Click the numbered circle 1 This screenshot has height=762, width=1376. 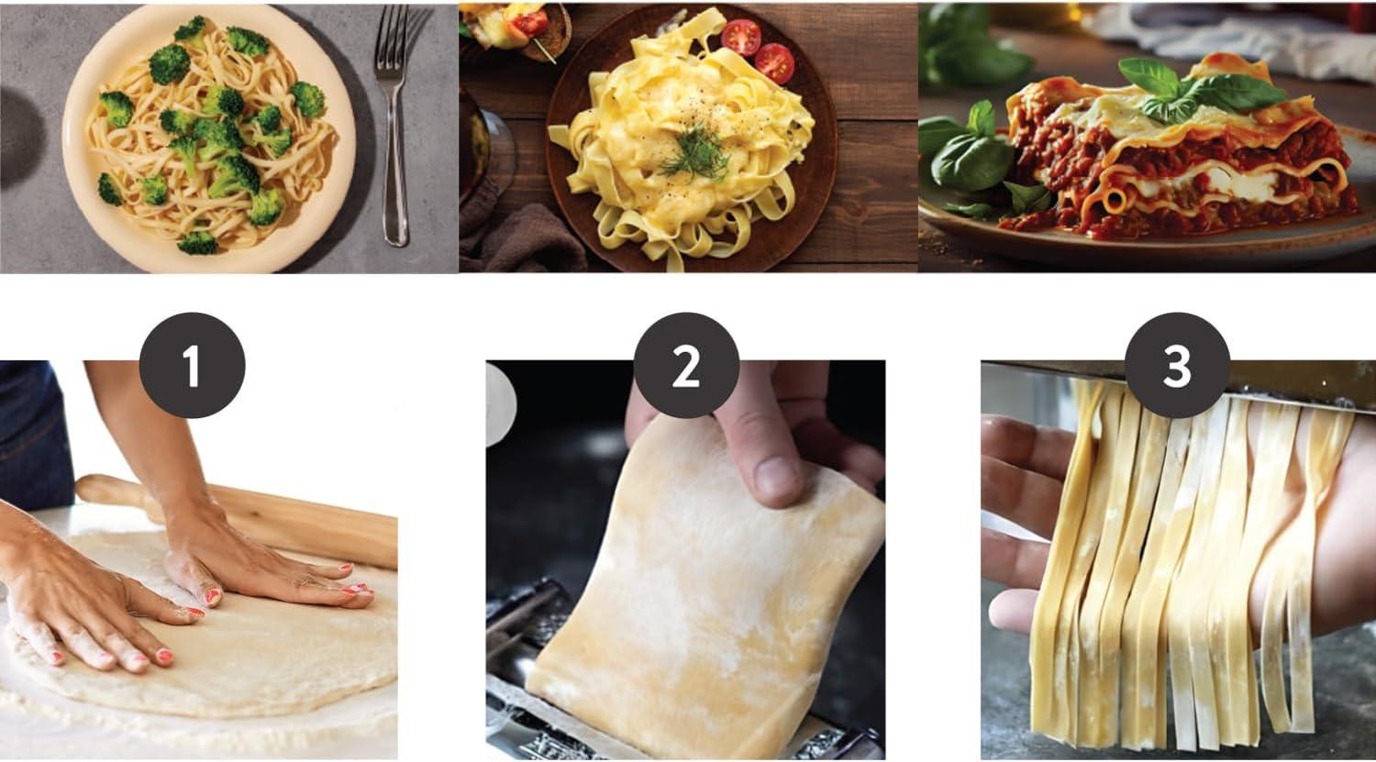pos(193,365)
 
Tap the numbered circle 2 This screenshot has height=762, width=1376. pos(686,365)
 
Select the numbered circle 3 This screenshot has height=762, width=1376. pos(1177,365)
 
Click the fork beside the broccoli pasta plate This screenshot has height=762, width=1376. pos(394,123)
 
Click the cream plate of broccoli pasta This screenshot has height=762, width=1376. pos(209,138)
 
